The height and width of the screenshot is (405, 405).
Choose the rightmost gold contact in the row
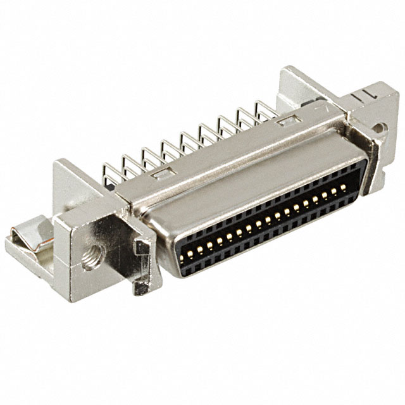click(x=343, y=187)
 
